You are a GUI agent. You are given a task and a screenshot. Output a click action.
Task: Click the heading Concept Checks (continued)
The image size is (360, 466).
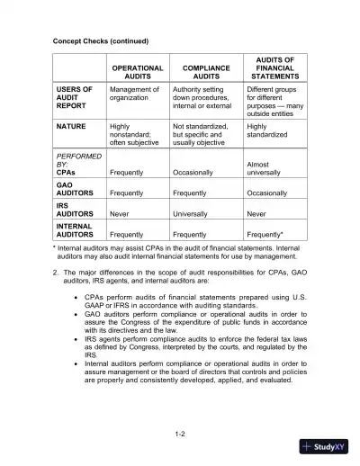(100, 41)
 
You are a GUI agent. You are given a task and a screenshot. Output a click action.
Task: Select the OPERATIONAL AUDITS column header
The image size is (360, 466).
(137, 73)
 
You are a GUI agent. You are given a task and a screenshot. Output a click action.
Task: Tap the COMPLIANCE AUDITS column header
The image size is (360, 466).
(206, 73)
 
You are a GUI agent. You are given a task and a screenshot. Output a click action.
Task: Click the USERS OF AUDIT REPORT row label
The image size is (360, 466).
(75, 99)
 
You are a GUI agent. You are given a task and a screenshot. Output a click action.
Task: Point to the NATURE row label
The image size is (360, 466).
(71, 127)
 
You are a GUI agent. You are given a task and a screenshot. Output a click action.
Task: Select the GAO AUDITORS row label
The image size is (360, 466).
(75, 189)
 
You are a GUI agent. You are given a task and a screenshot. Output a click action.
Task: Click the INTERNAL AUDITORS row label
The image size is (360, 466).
(75, 229)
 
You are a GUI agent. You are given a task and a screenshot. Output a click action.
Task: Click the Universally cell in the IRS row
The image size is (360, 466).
(194, 214)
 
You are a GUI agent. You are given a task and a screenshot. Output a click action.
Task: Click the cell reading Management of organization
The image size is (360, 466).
(134, 94)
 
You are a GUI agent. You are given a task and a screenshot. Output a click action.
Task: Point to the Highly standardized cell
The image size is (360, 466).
(269, 131)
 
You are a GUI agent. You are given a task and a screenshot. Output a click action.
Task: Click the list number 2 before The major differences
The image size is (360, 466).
(56, 271)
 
